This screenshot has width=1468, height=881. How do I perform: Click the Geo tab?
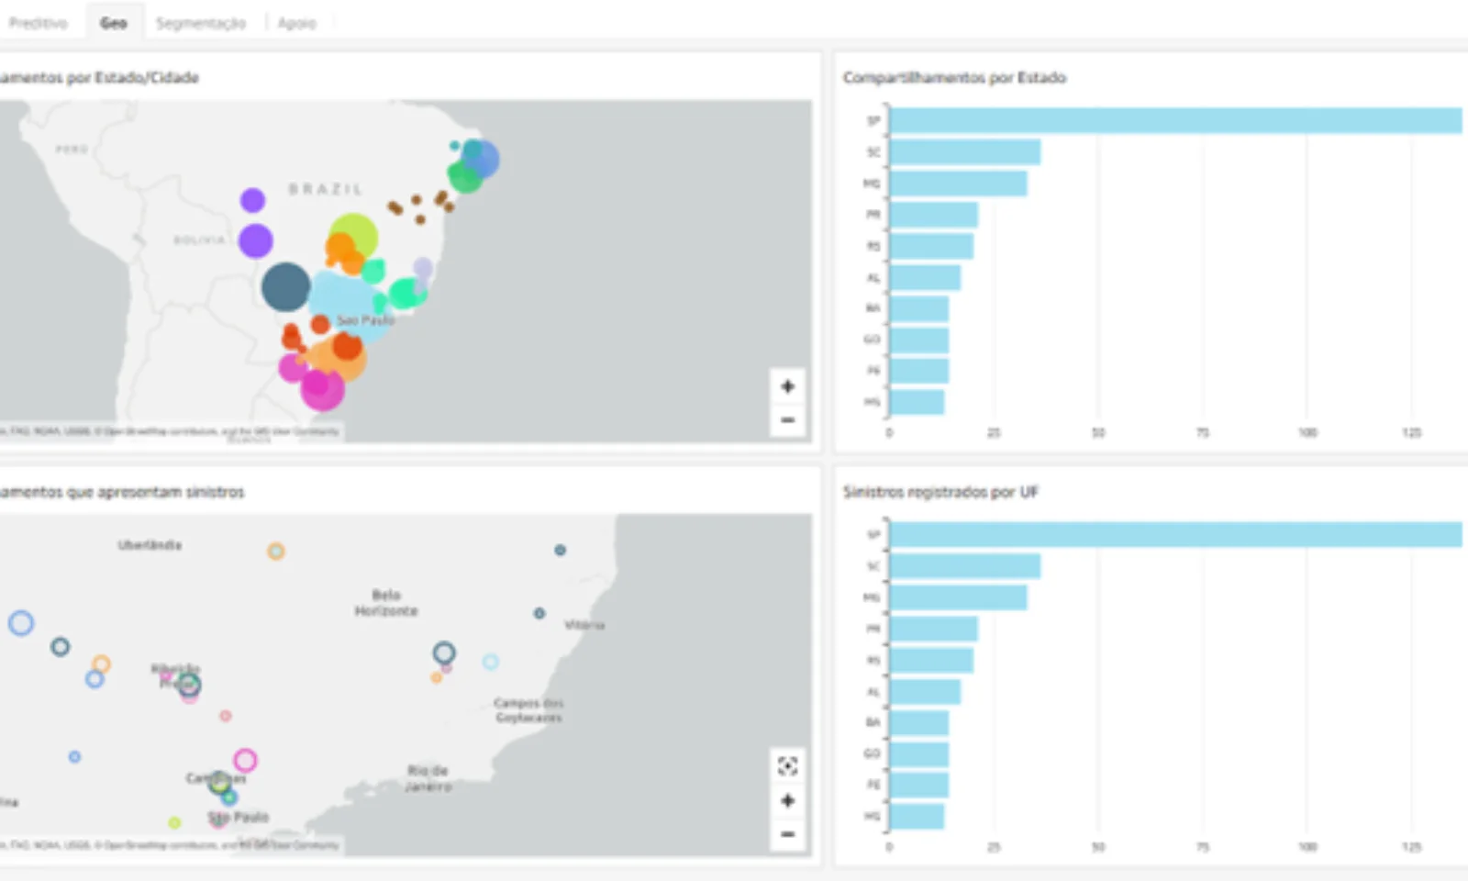pos(113,23)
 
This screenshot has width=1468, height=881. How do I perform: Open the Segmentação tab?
pos(201,23)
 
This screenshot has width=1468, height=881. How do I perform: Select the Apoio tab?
pos(296,23)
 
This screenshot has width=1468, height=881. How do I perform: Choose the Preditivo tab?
pos(38,23)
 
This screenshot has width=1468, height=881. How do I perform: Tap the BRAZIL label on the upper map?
pos(326,189)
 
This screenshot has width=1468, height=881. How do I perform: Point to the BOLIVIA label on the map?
pos(199,240)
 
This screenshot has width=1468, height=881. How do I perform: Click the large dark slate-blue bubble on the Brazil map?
pos(285,286)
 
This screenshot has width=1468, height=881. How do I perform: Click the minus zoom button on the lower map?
pos(787,834)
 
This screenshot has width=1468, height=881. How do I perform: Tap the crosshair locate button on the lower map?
pos(787,766)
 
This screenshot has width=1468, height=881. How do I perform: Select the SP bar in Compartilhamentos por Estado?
pos(1174,121)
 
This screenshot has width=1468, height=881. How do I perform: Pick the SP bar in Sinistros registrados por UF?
pos(1174,535)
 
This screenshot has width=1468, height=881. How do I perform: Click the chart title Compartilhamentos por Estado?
pos(954,78)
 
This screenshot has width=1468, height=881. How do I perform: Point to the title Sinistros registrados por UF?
pos(940,493)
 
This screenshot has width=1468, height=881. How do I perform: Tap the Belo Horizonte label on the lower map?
pos(386,603)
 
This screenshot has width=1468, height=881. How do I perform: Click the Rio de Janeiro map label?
pos(428,778)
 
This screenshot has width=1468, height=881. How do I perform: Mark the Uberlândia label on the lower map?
pos(150,545)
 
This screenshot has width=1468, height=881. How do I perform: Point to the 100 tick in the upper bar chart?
pos(1307,432)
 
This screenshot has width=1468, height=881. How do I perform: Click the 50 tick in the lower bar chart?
pos(1098,846)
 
